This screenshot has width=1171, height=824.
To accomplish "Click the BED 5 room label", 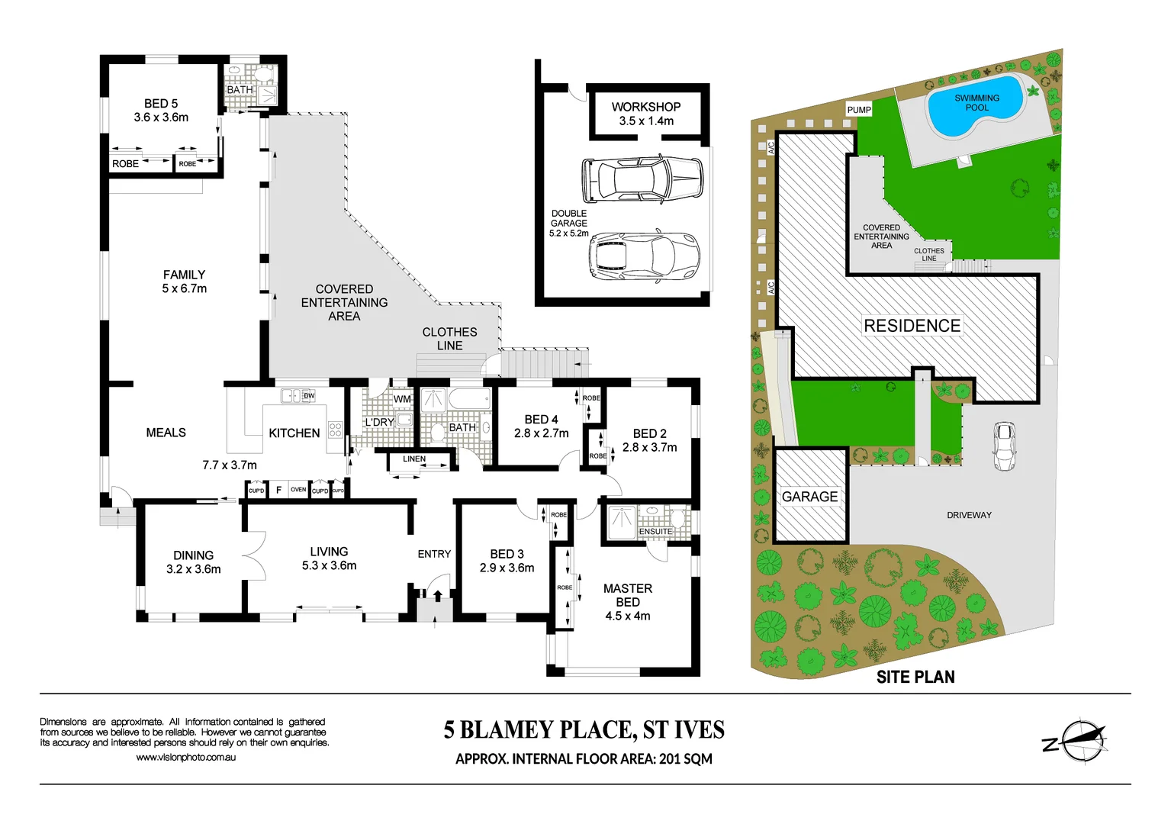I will [160, 104].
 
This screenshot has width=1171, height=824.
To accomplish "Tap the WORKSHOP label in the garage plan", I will [645, 107].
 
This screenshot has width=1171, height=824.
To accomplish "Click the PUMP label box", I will [859, 110].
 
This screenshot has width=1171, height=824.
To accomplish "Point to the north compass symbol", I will [1077, 741].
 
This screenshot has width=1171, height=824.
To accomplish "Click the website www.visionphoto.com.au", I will [185, 758].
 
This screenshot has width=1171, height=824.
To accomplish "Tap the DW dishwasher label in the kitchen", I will [309, 396].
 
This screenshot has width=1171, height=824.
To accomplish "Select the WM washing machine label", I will [402, 399].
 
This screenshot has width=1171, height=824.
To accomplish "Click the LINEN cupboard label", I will [414, 459].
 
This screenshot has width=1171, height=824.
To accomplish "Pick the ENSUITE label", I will [655, 532].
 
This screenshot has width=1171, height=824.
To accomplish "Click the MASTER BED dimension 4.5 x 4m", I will [627, 616].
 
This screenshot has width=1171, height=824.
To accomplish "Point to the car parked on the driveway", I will [1004, 446].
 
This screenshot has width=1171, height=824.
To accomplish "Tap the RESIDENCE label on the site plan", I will [912, 326].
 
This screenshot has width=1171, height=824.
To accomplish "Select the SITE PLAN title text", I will [915, 677].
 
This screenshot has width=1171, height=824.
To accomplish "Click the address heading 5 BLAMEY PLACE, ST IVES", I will [584, 730].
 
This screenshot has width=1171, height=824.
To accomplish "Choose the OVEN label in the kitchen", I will [298, 490].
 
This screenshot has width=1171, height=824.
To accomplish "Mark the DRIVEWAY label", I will [969, 516].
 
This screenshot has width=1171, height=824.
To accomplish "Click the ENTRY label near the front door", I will [434, 554].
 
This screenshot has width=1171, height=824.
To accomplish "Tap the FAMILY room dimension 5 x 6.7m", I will [184, 289].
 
